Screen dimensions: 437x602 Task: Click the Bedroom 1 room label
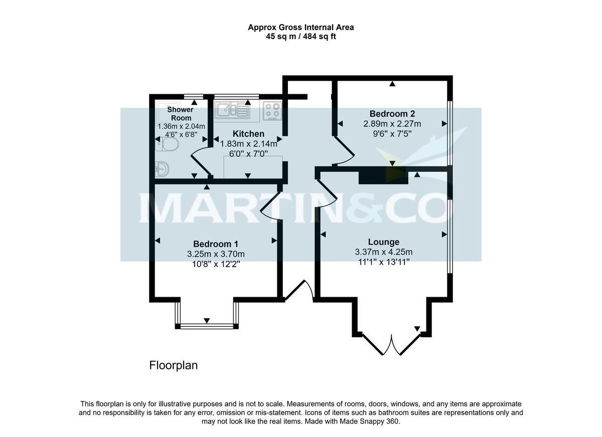click(216, 244)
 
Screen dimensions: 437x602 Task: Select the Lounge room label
click(383, 242)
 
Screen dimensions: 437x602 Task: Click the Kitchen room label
click(248, 134)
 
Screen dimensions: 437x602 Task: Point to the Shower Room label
click(180, 113)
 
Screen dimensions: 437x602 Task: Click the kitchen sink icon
click(231, 110)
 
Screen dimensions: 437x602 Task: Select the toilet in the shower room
click(168, 145)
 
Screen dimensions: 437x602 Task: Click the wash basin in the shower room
click(162, 169)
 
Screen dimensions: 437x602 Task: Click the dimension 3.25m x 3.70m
click(216, 254)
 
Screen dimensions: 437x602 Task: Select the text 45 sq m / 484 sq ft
click(301, 36)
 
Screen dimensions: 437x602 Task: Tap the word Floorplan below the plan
click(174, 365)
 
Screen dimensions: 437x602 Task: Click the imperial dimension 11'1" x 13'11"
click(383, 262)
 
